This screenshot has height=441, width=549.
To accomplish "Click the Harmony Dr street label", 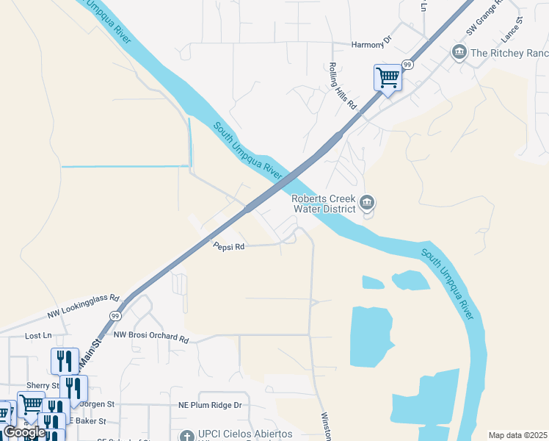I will tap(372, 45).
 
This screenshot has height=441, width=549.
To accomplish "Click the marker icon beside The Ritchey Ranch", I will tap(459, 52).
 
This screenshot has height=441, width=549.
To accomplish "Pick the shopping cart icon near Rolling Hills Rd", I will tap(388, 76).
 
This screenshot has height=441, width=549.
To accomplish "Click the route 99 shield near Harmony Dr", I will tap(407, 65).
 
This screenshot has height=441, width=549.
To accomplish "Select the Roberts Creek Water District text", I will tap(324, 204).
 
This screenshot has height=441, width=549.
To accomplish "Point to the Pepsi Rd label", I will tap(228, 248).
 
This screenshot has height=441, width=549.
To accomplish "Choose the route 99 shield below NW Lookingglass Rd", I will tap(115, 315).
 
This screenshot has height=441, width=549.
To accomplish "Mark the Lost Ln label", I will tap(37, 335).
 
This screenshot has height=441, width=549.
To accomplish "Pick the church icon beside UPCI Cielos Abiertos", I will tap(187, 436).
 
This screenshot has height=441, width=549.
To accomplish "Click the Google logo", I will tap(24, 432).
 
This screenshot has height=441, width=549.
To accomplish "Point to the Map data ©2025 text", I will tap(517, 435).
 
